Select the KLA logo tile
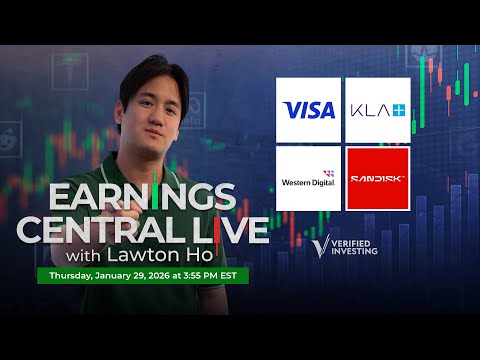[377, 110]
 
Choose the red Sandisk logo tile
[377, 177]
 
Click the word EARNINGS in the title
[144, 195]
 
